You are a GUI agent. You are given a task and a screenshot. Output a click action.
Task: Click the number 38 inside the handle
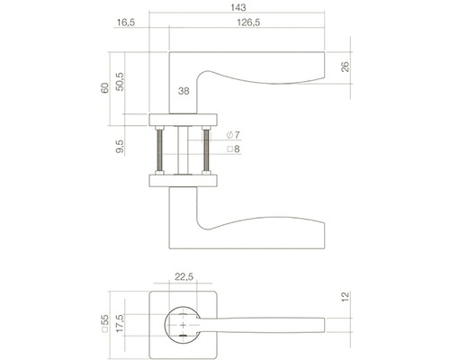184,91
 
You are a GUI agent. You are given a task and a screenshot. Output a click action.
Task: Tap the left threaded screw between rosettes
159,149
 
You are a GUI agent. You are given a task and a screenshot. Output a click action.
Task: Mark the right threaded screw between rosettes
209,149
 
